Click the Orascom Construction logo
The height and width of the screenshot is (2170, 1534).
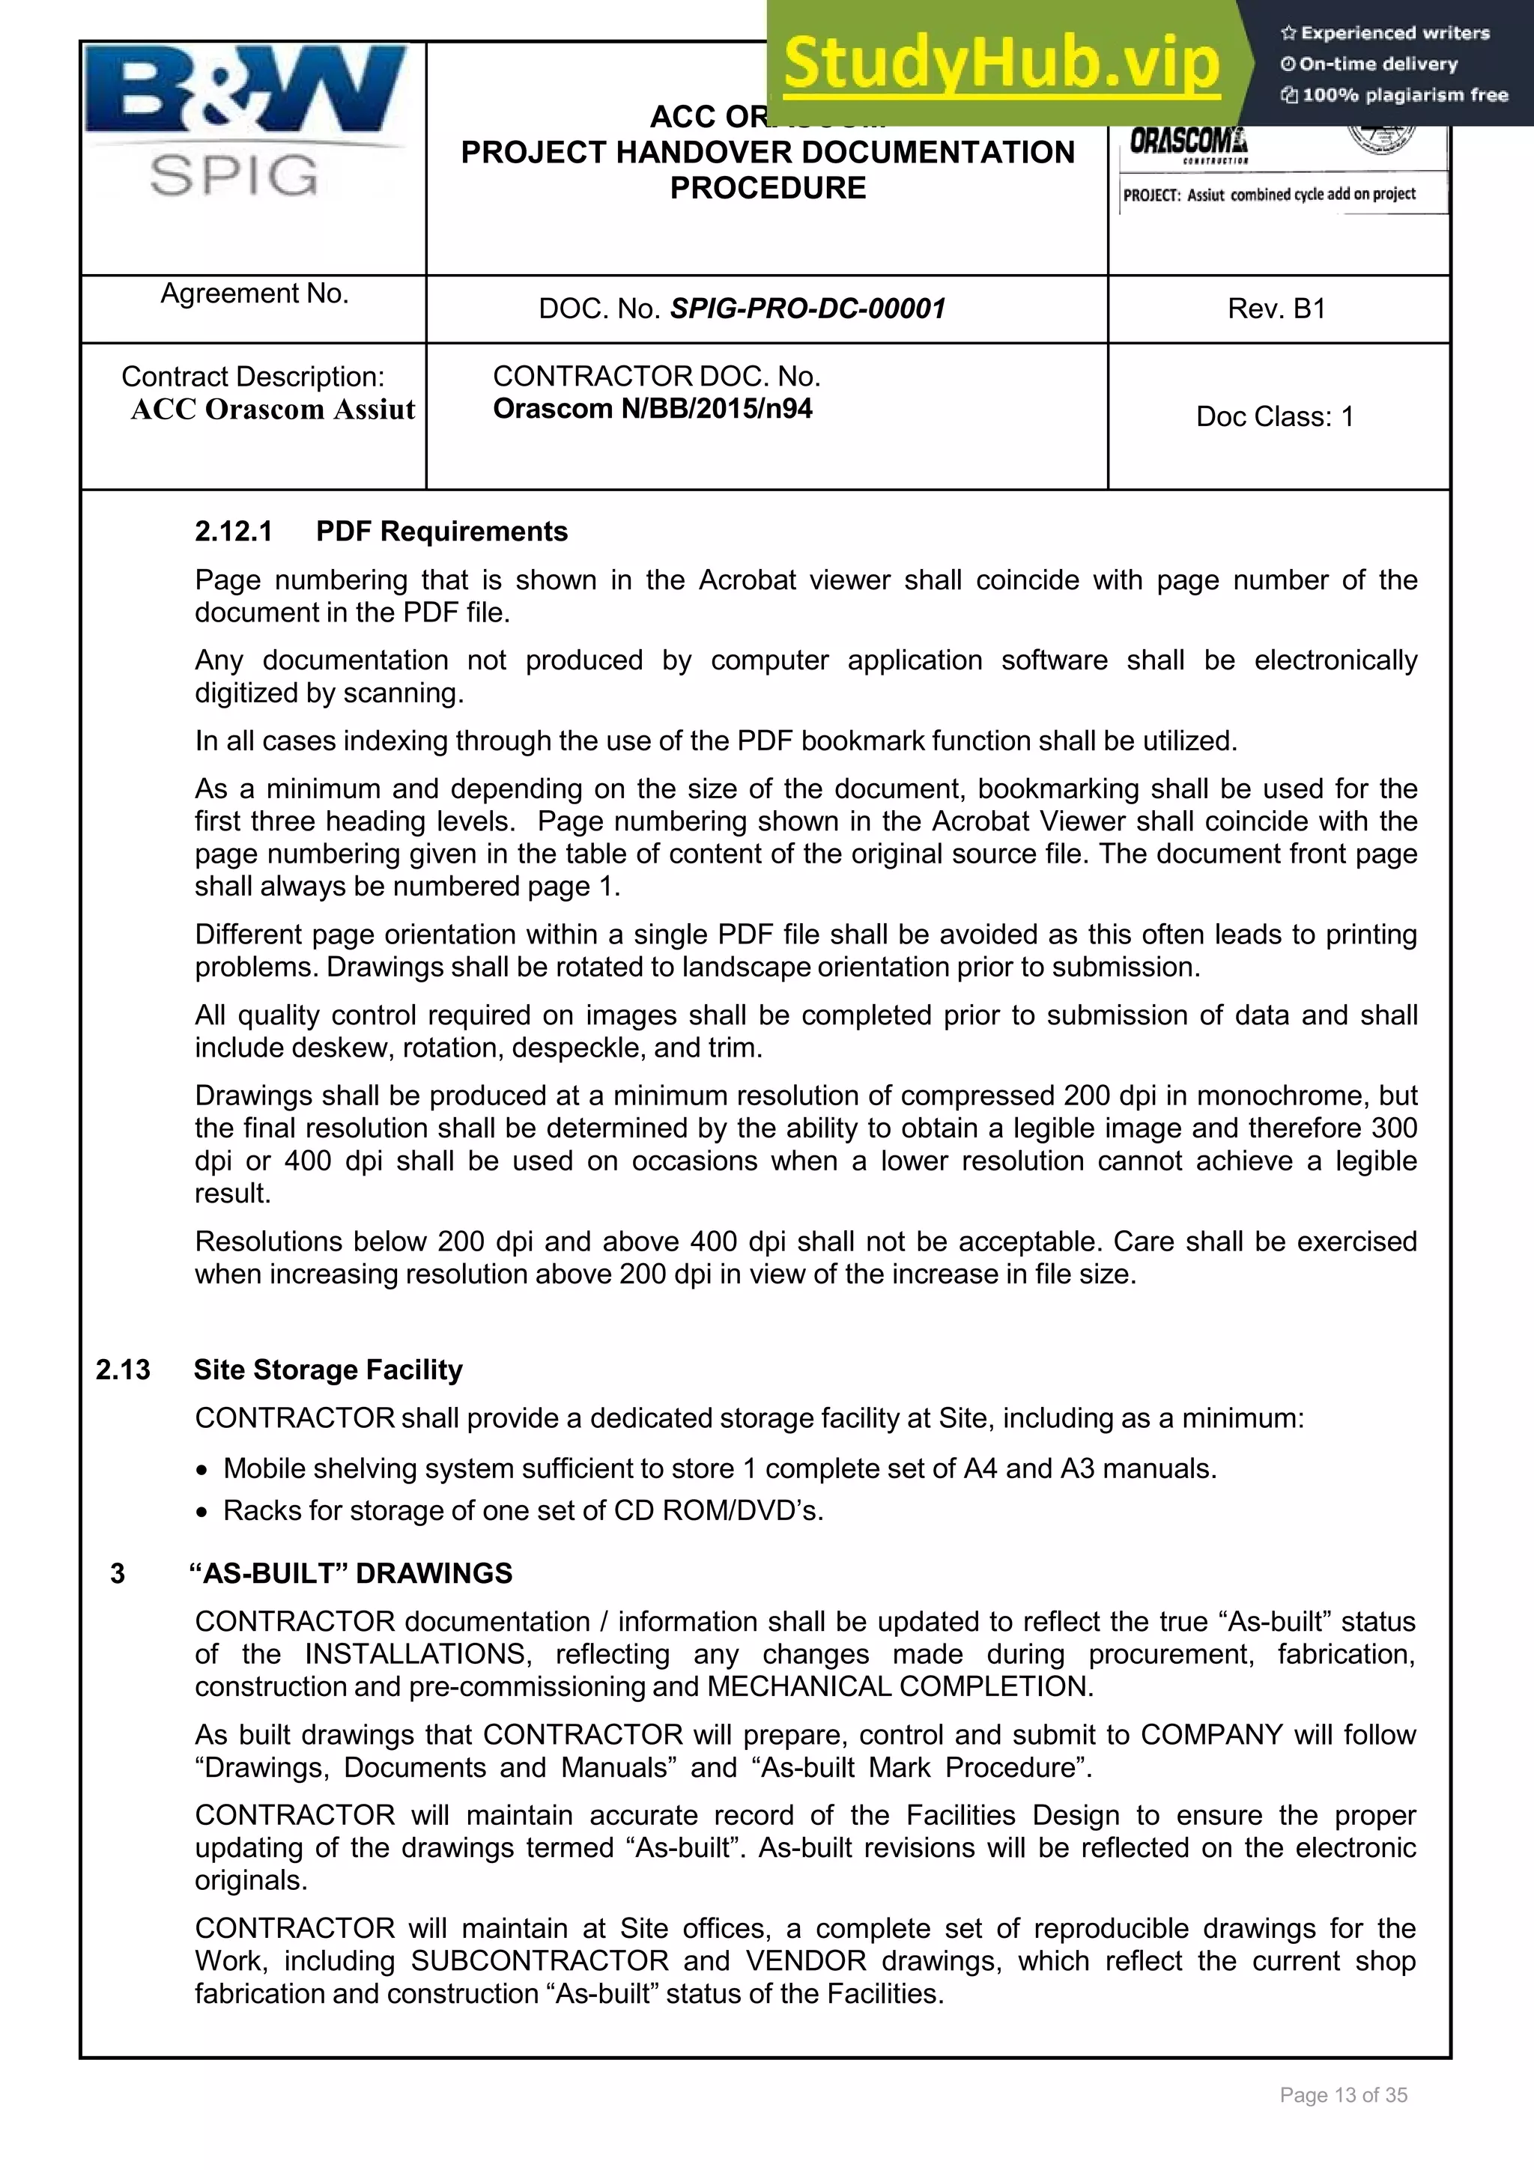(x=1188, y=144)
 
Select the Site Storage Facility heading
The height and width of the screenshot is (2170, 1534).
(x=328, y=1370)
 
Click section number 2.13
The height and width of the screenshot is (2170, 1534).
(x=123, y=1370)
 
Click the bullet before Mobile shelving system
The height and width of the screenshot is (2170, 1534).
(x=201, y=1471)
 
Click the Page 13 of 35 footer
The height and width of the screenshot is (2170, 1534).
(x=1342, y=2095)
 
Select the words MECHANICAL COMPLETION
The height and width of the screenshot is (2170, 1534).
(x=899, y=1686)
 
